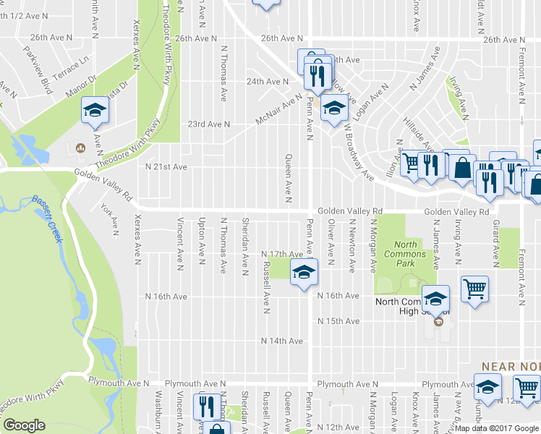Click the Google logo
24,425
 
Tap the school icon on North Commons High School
436,297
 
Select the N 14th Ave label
282,341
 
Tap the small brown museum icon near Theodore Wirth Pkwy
80,148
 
